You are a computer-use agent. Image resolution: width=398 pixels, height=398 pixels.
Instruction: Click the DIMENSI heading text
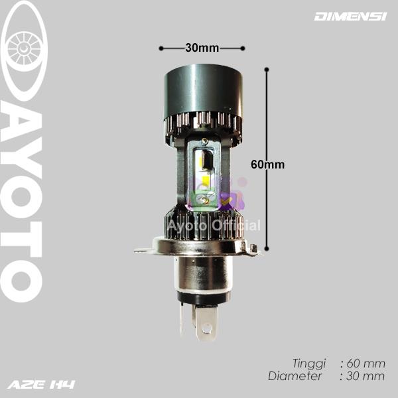350,17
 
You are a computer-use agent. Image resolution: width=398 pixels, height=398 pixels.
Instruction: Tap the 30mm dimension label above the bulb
202,48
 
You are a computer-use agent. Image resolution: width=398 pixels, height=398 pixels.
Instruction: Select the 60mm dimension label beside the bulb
268,165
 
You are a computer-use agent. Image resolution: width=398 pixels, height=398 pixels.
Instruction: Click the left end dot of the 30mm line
161,48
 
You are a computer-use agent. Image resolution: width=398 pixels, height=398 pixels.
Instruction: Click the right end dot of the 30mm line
243,48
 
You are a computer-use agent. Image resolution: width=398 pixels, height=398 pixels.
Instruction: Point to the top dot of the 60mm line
267,69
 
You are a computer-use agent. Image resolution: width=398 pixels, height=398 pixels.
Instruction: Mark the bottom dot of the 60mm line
267,249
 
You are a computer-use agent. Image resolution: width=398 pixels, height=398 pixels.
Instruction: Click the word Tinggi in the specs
309,364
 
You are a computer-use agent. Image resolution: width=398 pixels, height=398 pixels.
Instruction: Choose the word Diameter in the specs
295,376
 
